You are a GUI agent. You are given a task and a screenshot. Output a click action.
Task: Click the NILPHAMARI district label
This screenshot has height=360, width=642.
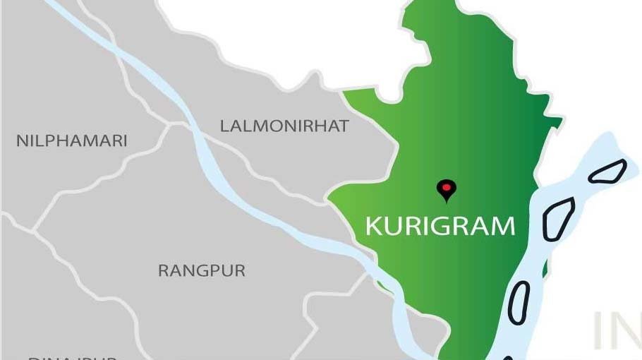tap(71, 141)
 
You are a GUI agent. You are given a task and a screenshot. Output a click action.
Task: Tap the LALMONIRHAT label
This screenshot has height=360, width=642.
tap(284, 126)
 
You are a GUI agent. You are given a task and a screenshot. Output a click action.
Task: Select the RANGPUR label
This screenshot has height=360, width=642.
tap(202, 270)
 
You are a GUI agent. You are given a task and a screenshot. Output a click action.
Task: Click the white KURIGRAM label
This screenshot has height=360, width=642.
tap(440, 227)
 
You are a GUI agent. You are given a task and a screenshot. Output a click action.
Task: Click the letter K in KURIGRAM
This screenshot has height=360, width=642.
tap(374, 227)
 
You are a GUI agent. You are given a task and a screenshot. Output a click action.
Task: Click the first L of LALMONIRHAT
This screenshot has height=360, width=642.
tap(224, 126)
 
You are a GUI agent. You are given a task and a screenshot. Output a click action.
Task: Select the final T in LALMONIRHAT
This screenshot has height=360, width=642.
tap(344, 126)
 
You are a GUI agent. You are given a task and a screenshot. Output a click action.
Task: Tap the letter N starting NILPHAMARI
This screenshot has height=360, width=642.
tap(21, 141)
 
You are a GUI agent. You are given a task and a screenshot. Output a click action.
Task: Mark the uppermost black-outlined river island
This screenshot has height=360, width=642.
tap(607, 171)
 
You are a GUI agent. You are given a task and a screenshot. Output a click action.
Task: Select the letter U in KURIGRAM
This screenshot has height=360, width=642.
tap(394, 227)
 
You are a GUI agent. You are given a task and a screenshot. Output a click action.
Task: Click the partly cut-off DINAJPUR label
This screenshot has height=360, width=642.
tap(71, 356)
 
